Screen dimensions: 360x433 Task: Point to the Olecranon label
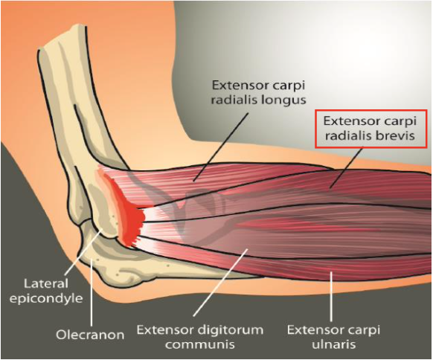[90, 335]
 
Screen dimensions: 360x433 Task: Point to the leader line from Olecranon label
[91, 290]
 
